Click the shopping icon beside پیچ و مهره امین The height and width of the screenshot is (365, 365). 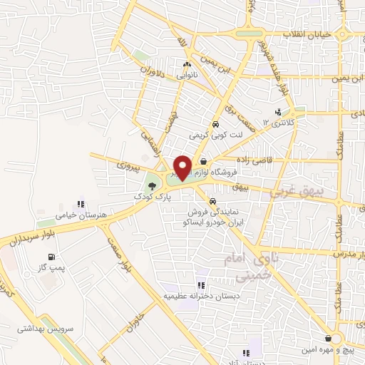click(327, 339)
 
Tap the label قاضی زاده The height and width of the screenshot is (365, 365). click(247, 163)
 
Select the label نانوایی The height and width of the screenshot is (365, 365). click(186, 75)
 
